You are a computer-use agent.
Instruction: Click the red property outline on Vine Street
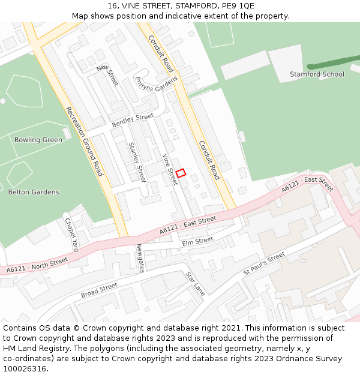coord(181,173)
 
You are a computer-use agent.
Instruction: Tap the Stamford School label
coord(317,74)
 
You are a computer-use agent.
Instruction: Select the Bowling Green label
coord(38,140)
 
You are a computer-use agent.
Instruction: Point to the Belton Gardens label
coord(34,192)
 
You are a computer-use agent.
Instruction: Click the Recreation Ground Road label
coord(85,142)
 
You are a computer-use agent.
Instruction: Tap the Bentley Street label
coord(133,120)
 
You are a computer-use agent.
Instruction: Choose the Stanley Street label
coord(137,162)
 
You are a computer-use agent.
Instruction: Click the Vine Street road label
coord(170,169)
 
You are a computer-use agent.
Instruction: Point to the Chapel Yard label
coord(71,234)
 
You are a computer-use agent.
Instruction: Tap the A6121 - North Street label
coord(38,266)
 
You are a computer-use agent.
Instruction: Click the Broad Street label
coord(99,290)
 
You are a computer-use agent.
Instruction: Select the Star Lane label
coord(196,284)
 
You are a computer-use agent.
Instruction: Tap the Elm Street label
coord(197,241)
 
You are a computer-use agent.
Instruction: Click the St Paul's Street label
coord(264,264)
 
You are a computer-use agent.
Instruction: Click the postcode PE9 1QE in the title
coord(238,6)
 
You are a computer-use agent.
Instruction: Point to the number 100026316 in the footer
coord(25,369)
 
